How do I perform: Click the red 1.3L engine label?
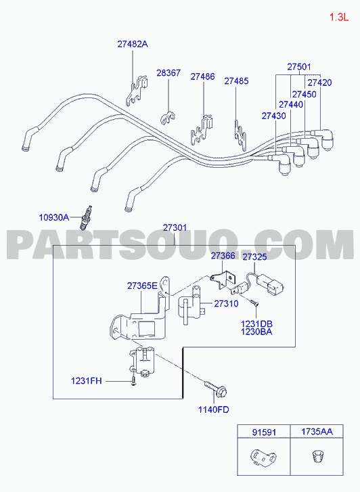338,18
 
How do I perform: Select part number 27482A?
133,44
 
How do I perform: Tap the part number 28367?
168,73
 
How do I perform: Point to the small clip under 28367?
168,117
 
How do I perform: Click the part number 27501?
299,67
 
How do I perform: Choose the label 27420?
319,83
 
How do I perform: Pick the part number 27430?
273,116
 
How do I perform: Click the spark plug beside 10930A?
86,217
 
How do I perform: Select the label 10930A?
53,217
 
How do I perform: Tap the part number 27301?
175,228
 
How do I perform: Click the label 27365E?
142,286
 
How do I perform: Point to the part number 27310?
226,303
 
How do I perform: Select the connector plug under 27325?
271,284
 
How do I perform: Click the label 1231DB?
256,323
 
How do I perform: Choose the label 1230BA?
256,332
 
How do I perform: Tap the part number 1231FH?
87,381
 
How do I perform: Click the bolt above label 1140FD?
216,388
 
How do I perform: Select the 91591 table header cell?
264,432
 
